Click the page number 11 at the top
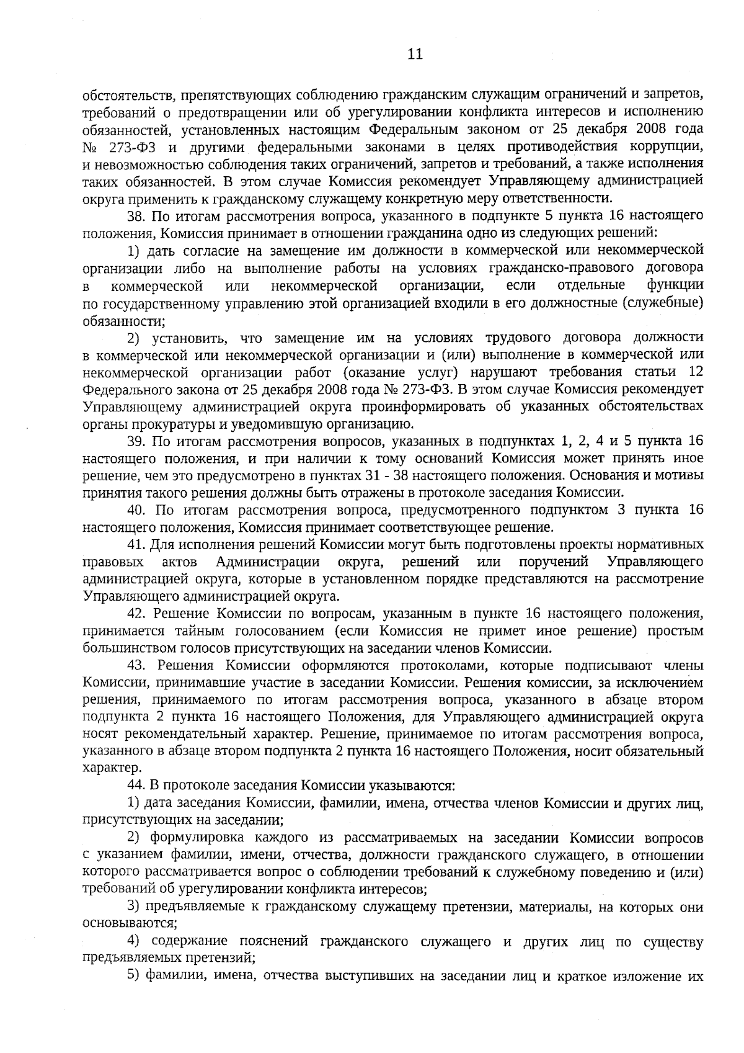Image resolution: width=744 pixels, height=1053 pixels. [415, 54]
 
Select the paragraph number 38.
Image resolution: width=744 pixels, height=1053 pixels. [136, 216]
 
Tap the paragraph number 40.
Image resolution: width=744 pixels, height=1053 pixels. [136, 510]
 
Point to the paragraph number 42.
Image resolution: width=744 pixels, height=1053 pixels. [136, 614]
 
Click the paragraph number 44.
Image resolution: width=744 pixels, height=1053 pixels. [136, 786]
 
